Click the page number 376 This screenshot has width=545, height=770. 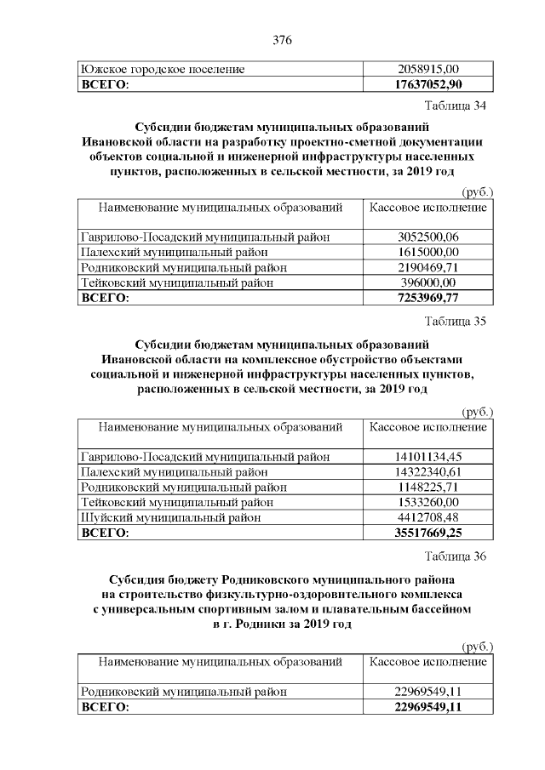point(282,39)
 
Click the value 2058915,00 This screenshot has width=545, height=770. point(427,69)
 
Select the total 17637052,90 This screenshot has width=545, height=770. point(427,83)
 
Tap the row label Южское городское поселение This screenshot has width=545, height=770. point(163,69)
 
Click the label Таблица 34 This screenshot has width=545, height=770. point(455,106)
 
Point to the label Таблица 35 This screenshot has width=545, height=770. point(455,322)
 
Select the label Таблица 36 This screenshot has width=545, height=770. point(455,556)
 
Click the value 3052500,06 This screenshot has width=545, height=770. point(427,237)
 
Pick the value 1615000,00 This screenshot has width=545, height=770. point(427,253)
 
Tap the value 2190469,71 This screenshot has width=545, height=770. point(427,267)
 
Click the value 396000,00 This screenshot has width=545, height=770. point(427,282)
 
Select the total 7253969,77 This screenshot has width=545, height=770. point(427,297)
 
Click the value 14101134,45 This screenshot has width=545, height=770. point(427,457)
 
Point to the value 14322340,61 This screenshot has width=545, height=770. point(427,472)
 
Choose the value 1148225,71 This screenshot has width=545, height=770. point(427,488)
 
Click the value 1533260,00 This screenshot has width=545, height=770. point(427,502)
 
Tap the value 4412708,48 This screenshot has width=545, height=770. point(427,517)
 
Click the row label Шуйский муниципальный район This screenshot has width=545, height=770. point(170,517)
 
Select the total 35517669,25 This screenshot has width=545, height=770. point(427,533)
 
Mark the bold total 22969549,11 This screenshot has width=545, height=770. point(427,707)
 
